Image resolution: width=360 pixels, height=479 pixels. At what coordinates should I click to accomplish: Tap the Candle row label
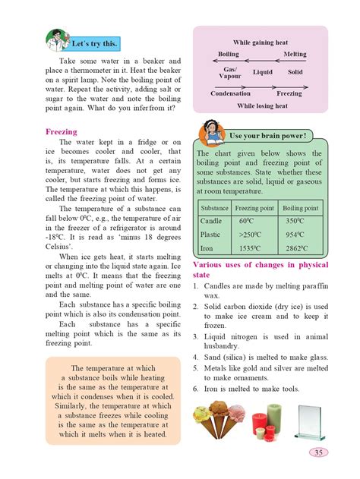210,220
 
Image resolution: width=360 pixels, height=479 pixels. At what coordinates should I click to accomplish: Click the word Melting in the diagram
295,55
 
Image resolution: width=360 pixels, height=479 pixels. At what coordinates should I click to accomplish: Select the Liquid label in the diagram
262,72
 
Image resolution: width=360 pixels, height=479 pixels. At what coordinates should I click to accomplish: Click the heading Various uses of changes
261,269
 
